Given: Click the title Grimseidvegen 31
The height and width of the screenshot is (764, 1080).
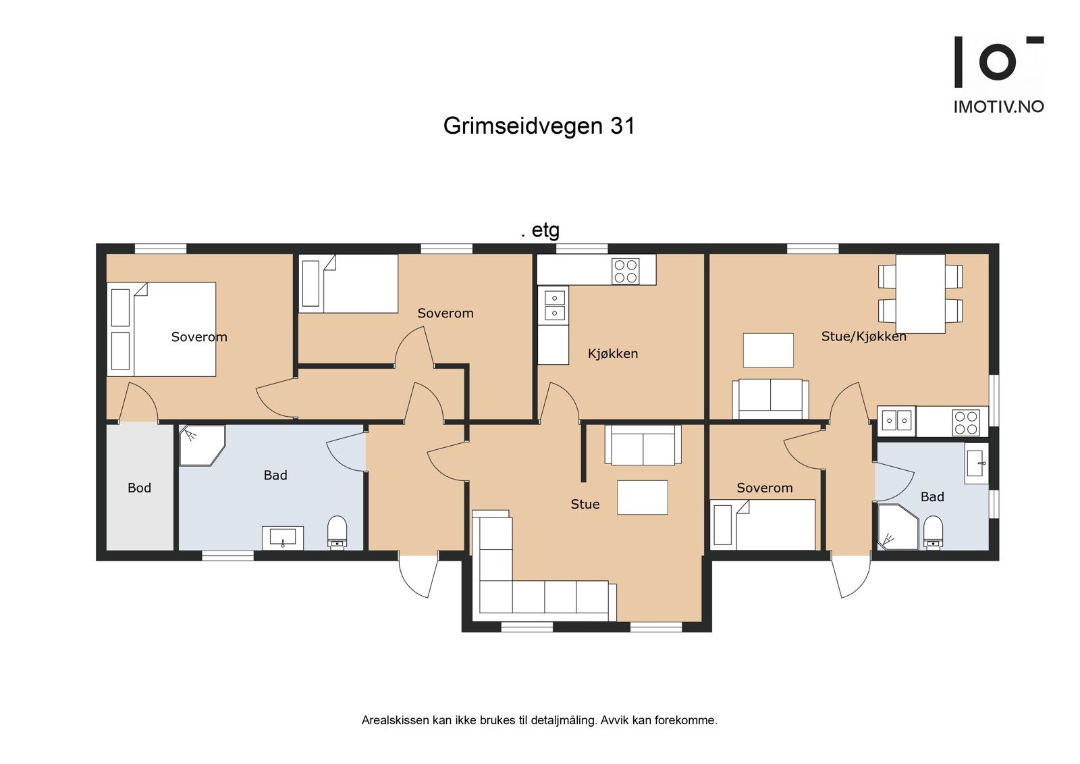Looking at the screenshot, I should [539, 126].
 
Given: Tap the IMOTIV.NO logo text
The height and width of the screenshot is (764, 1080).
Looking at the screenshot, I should [998, 107].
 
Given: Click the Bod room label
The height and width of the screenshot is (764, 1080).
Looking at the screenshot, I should [139, 488].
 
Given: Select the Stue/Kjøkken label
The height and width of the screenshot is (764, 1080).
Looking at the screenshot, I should [863, 336].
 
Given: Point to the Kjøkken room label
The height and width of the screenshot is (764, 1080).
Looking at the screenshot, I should [612, 353].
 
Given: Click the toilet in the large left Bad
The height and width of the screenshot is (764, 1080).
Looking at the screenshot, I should [337, 532].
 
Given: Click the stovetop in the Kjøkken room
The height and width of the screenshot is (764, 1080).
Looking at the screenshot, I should [625, 271].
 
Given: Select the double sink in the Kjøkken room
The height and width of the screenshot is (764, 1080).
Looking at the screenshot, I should [554, 305].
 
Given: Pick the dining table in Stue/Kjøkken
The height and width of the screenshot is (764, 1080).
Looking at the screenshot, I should [920, 293].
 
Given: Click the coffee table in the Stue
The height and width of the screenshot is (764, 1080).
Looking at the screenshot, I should [642, 497].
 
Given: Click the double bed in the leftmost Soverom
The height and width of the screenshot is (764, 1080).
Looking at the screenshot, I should [173, 329].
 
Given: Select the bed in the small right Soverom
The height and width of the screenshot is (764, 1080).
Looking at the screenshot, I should [774, 524].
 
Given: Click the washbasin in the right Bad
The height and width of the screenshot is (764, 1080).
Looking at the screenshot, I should [976, 463].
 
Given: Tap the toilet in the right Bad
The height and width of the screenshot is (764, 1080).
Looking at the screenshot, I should [933, 532].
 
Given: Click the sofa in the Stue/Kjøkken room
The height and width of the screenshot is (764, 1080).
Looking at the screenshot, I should [770, 399].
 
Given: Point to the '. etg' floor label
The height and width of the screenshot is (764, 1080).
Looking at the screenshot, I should [540, 230].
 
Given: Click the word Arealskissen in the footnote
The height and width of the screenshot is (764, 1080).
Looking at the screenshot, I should [386, 720].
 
